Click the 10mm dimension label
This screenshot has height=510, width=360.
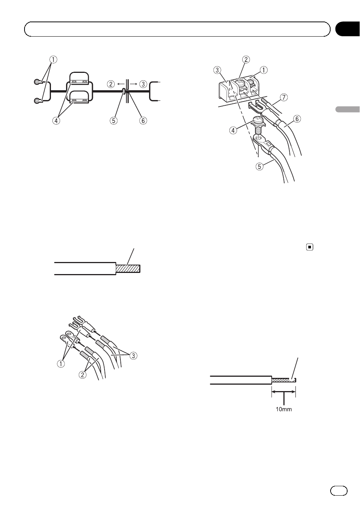283,409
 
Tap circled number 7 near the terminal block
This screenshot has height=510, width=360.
283,97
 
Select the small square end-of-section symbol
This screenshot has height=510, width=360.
309,247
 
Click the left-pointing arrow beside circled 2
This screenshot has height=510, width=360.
120,84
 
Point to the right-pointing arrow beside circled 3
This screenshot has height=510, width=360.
134,84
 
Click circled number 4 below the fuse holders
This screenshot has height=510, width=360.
56,120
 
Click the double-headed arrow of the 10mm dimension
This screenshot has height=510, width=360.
283,391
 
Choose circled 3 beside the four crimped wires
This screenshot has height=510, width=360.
133,355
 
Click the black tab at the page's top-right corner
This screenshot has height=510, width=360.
348,29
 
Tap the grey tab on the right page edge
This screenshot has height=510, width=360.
348,109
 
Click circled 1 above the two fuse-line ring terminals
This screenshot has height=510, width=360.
53,60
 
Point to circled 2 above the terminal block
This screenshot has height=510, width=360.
246,59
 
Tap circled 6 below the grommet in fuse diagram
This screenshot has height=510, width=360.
143,120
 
